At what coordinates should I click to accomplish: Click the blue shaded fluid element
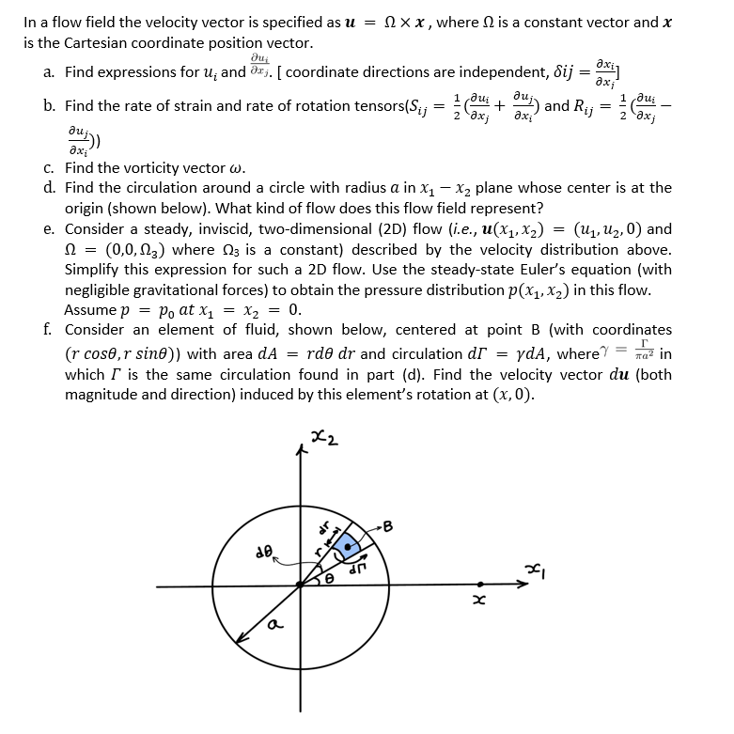pos(351,544)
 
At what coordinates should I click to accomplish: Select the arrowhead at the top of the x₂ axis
pos(301,452)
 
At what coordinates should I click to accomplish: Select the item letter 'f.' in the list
pos(47,330)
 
